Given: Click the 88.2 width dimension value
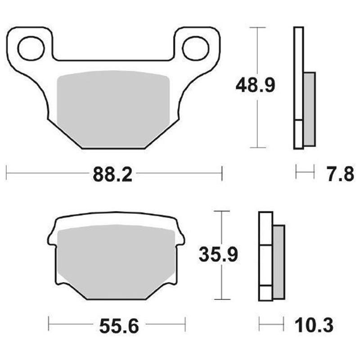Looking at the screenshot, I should pos(112,174).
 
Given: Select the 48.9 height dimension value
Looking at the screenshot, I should pos(256,86).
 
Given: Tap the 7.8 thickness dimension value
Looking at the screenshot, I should pos(339,174).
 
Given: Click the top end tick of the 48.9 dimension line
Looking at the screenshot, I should pos(256,27).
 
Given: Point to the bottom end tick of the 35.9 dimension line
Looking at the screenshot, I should pos(222,299).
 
